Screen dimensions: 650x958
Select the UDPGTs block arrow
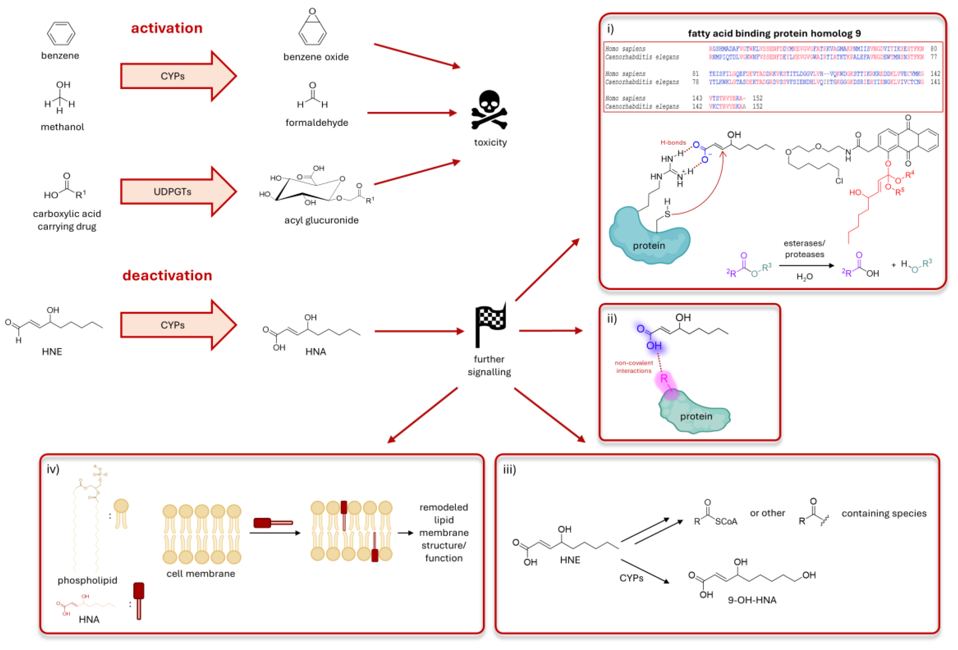pyautogui.click(x=177, y=192)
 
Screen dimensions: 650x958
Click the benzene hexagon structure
pyautogui.click(x=61, y=33)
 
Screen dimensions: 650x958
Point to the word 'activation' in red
pyautogui.click(x=167, y=28)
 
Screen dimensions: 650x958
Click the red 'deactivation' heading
pyautogui.click(x=167, y=275)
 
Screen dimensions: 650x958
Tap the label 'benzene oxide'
pyautogui.click(x=316, y=57)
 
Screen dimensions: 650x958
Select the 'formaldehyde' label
pyautogui.click(x=317, y=122)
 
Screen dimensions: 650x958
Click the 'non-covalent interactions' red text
pyautogui.click(x=633, y=367)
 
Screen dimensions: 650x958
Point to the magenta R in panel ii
pyautogui.click(x=664, y=378)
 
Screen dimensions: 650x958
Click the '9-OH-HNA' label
pyautogui.click(x=752, y=600)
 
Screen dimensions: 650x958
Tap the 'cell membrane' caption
pyautogui.click(x=200, y=573)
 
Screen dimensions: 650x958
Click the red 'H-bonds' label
pyautogui.click(x=673, y=143)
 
